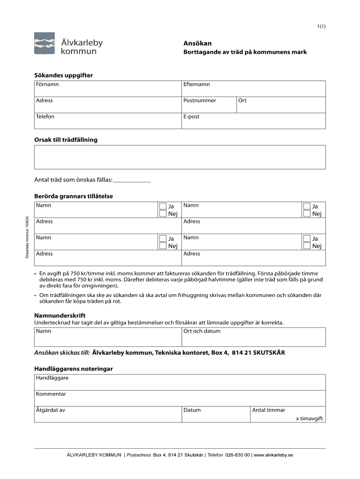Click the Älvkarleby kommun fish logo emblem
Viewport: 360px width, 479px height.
pyautogui.click(x=45, y=44)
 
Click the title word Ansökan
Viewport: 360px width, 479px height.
pyautogui.click(x=195, y=44)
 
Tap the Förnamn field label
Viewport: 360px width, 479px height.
pyautogui.click(x=47, y=85)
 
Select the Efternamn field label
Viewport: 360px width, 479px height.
pyautogui.click(x=196, y=85)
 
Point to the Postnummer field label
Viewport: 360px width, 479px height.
pyautogui.click(x=200, y=101)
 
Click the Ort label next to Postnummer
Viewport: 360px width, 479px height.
pyautogui.click(x=242, y=101)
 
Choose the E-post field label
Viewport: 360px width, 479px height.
pyautogui.click(x=192, y=116)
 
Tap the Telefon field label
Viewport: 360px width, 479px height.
pyautogui.click(x=45, y=116)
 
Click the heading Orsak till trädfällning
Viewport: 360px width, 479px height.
pyautogui.click(x=66, y=140)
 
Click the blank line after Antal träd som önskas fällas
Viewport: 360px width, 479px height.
pyautogui.click(x=132, y=180)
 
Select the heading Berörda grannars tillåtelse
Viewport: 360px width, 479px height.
pyautogui.click(x=73, y=196)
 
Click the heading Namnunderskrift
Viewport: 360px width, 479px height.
pyautogui.click(x=60, y=316)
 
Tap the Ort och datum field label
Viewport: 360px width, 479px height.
pyautogui.click(x=202, y=331)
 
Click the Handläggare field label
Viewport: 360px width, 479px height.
pyautogui.click(x=52, y=378)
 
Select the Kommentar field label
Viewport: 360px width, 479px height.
pyautogui.click(x=51, y=394)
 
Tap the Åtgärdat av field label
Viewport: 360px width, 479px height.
pyautogui.click(x=50, y=410)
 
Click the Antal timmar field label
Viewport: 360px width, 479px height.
pyautogui.click(x=268, y=410)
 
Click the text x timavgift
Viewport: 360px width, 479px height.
pyautogui.click(x=310, y=419)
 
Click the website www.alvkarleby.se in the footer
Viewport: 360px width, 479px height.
pyautogui.click(x=274, y=455)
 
